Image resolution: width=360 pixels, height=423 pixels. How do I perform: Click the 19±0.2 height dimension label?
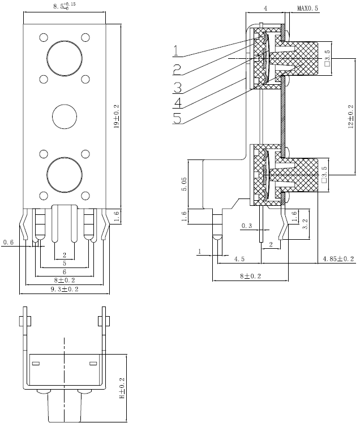pos(117,115)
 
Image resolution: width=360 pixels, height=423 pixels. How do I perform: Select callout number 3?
pos(177,87)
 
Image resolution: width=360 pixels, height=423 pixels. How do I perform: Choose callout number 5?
pos(177,119)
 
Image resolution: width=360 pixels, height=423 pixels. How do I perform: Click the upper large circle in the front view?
pos(64,59)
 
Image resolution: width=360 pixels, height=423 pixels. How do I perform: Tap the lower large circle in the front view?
pos(64,174)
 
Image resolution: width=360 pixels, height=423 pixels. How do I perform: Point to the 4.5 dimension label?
pos(239,259)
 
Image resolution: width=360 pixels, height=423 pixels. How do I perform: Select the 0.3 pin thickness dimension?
pos(247,226)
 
